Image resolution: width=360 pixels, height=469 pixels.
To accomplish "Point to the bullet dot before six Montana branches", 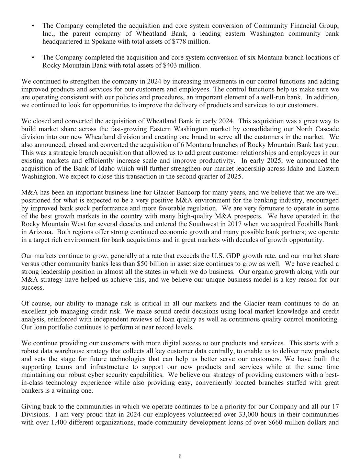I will pyautogui.click(x=33, y=57).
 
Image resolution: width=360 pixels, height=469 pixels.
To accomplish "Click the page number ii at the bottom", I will pyautogui.click(x=180, y=456).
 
